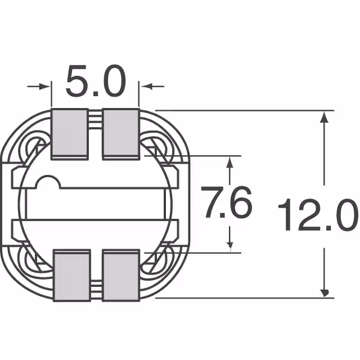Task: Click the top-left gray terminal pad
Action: point(70,133)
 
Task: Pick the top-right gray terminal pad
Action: point(120,133)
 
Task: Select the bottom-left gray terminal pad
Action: point(71,276)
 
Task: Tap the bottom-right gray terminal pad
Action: point(120,276)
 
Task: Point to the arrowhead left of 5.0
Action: point(47,87)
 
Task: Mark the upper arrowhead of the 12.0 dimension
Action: point(324,116)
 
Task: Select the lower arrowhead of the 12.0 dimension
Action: point(324,292)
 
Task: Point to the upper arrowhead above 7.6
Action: point(229,161)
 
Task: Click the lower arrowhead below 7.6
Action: point(229,244)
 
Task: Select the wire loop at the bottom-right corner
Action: point(156,262)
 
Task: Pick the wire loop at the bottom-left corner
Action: point(35,262)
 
